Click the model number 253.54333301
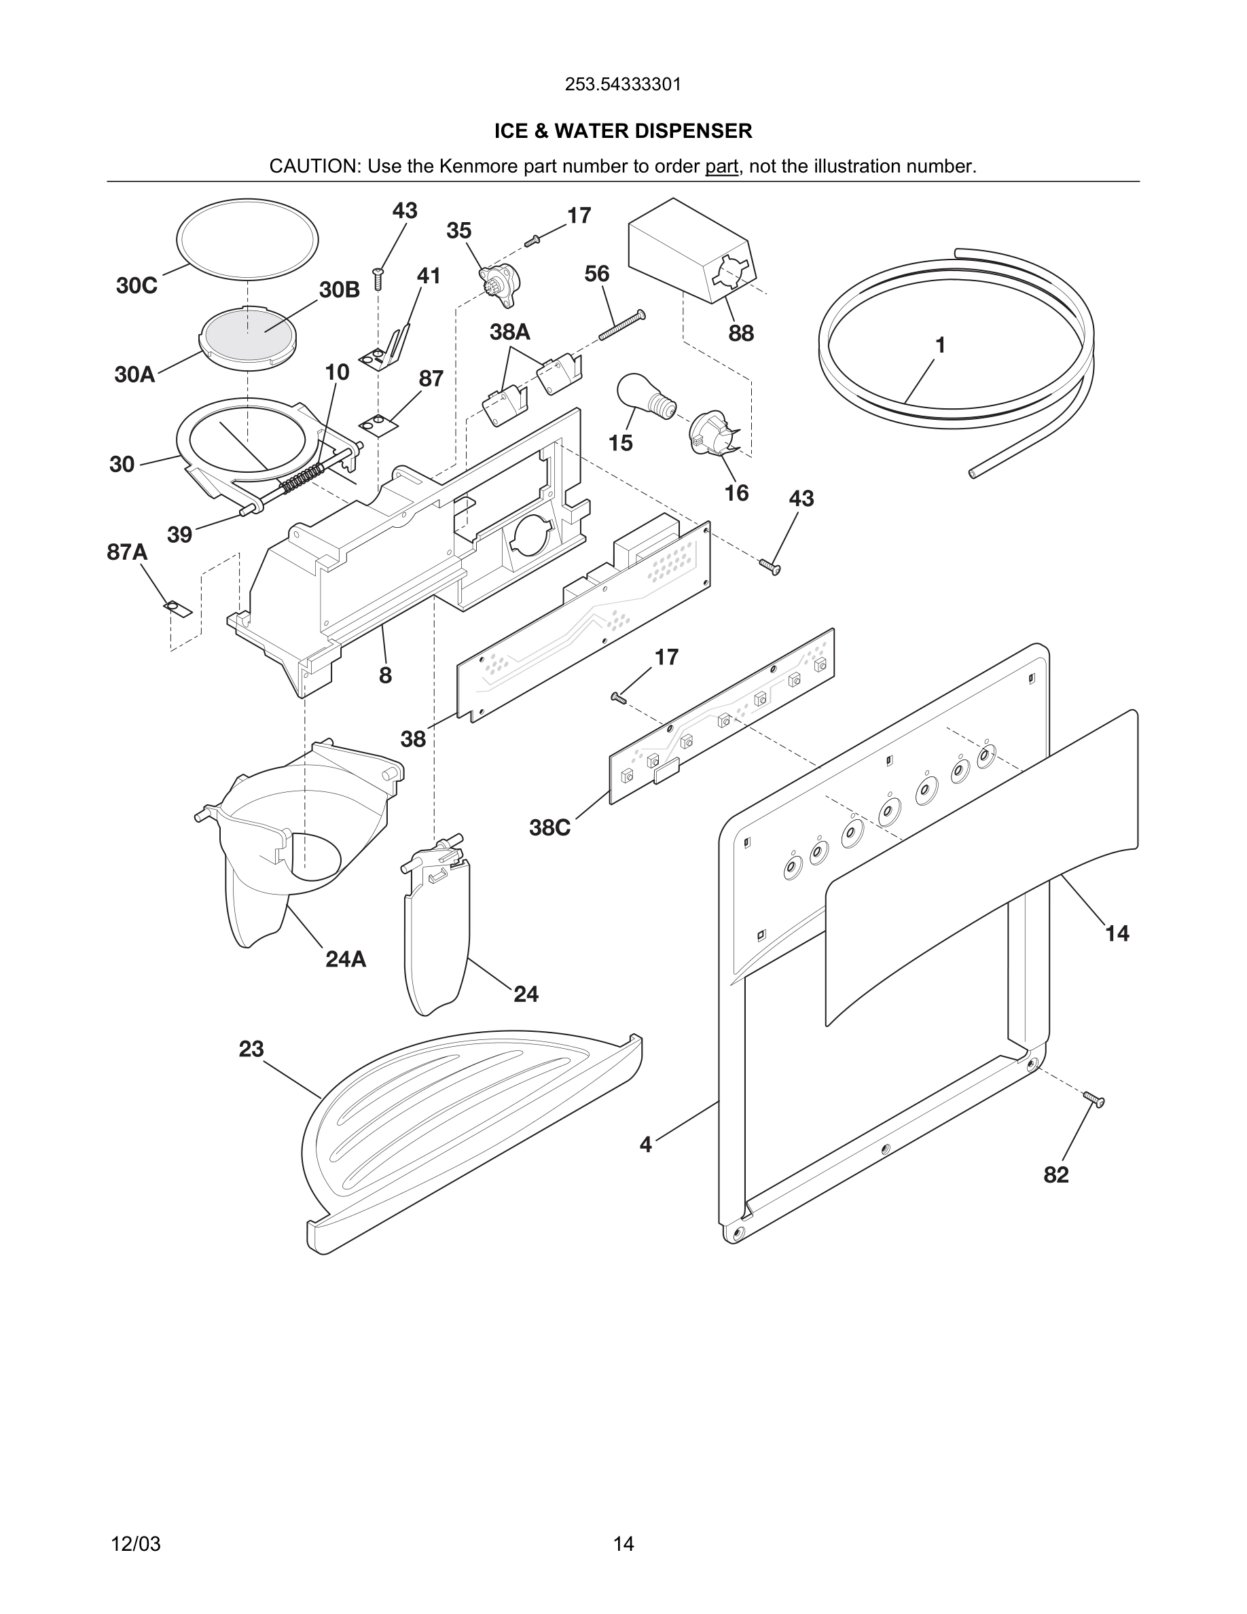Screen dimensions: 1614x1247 pyautogui.click(x=623, y=84)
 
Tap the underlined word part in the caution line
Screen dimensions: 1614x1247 pyautogui.click(x=721, y=166)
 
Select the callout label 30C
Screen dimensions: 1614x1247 pyautogui.click(x=137, y=286)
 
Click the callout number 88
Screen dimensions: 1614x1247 pyautogui.click(x=741, y=334)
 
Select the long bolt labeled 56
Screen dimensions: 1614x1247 pyautogui.click(x=622, y=325)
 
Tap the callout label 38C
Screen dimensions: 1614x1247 pyautogui.click(x=549, y=827)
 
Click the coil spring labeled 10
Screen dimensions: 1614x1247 pyautogui.click(x=303, y=478)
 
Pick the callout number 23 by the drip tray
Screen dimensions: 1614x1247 pyautogui.click(x=251, y=1049)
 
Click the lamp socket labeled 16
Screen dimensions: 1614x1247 pyautogui.click(x=710, y=432)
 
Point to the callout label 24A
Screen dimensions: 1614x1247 pyautogui.click(x=346, y=959)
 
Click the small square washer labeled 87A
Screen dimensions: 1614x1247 pyautogui.click(x=177, y=608)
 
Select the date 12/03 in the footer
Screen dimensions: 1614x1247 pyautogui.click(x=135, y=1544)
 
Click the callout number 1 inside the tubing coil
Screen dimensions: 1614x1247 pyautogui.click(x=941, y=345)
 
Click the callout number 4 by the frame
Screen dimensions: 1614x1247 pyautogui.click(x=646, y=1145)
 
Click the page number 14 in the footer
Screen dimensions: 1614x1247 pyautogui.click(x=623, y=1544)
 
